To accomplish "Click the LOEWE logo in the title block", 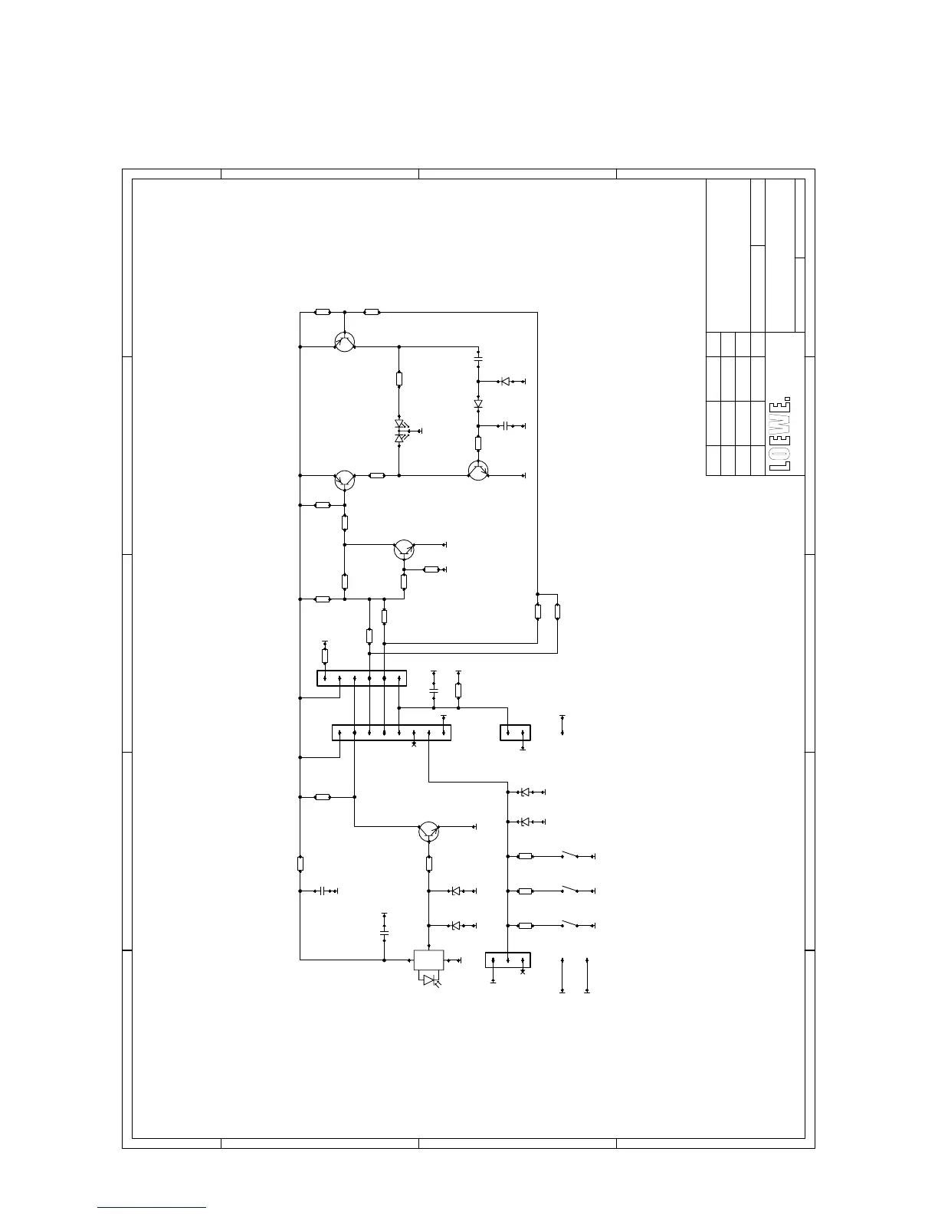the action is [x=780, y=434].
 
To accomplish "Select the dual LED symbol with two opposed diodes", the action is [x=400, y=431].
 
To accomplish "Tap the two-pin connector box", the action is [x=515, y=733].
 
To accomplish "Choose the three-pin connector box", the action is [x=508, y=960].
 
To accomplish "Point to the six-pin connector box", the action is [x=362, y=678].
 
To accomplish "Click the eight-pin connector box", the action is [x=392, y=733].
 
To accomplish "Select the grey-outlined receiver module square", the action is [x=428, y=960].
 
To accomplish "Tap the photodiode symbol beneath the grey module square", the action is [x=430, y=980].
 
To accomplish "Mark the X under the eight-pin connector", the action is [x=414, y=744].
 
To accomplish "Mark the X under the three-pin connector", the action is [x=523, y=972].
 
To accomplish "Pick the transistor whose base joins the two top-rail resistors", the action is [x=345, y=341].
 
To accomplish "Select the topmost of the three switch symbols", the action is [x=570, y=855].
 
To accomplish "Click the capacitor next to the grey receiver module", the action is [x=384, y=933].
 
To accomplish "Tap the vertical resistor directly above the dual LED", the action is [x=399, y=379].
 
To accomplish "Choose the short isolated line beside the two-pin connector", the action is [x=562, y=724].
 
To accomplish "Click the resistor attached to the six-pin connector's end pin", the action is [x=325, y=656].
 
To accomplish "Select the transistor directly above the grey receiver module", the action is [x=428, y=832].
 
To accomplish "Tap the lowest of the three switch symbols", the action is [x=570, y=924].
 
